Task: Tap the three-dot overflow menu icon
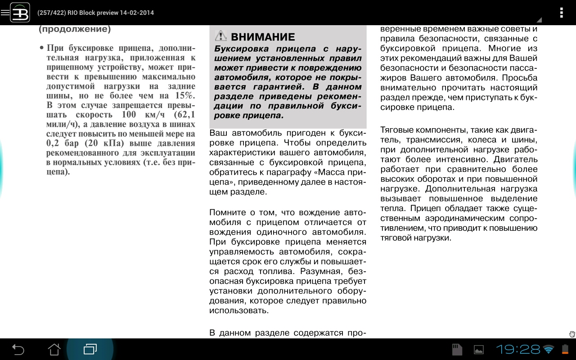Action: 561,13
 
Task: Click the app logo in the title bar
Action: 20,12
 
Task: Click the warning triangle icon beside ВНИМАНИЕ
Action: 220,36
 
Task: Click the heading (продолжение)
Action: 75,29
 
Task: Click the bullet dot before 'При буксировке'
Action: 41,48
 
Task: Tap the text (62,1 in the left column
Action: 184,114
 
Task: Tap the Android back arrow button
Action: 18,349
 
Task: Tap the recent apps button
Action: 90,349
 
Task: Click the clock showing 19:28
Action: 517,349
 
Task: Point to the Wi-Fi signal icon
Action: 548,349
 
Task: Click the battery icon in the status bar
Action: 565,349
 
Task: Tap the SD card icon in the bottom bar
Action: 457,349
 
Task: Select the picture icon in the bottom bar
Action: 479,349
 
